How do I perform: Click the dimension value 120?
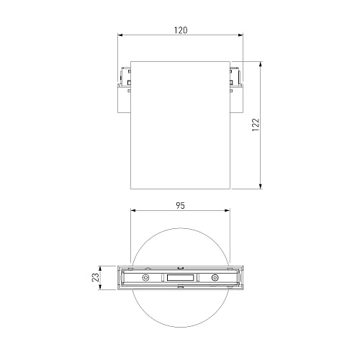(181, 30)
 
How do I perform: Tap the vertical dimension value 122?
(256, 125)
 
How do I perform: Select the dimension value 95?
(181, 206)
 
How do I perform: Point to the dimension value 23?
(96, 277)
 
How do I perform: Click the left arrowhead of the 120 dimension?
(120, 35)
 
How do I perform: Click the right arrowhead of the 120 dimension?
(240, 35)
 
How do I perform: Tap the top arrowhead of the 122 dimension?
(261, 64)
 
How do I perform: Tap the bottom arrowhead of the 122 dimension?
(261, 186)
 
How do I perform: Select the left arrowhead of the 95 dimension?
(133, 210)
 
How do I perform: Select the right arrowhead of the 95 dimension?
(227, 210)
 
